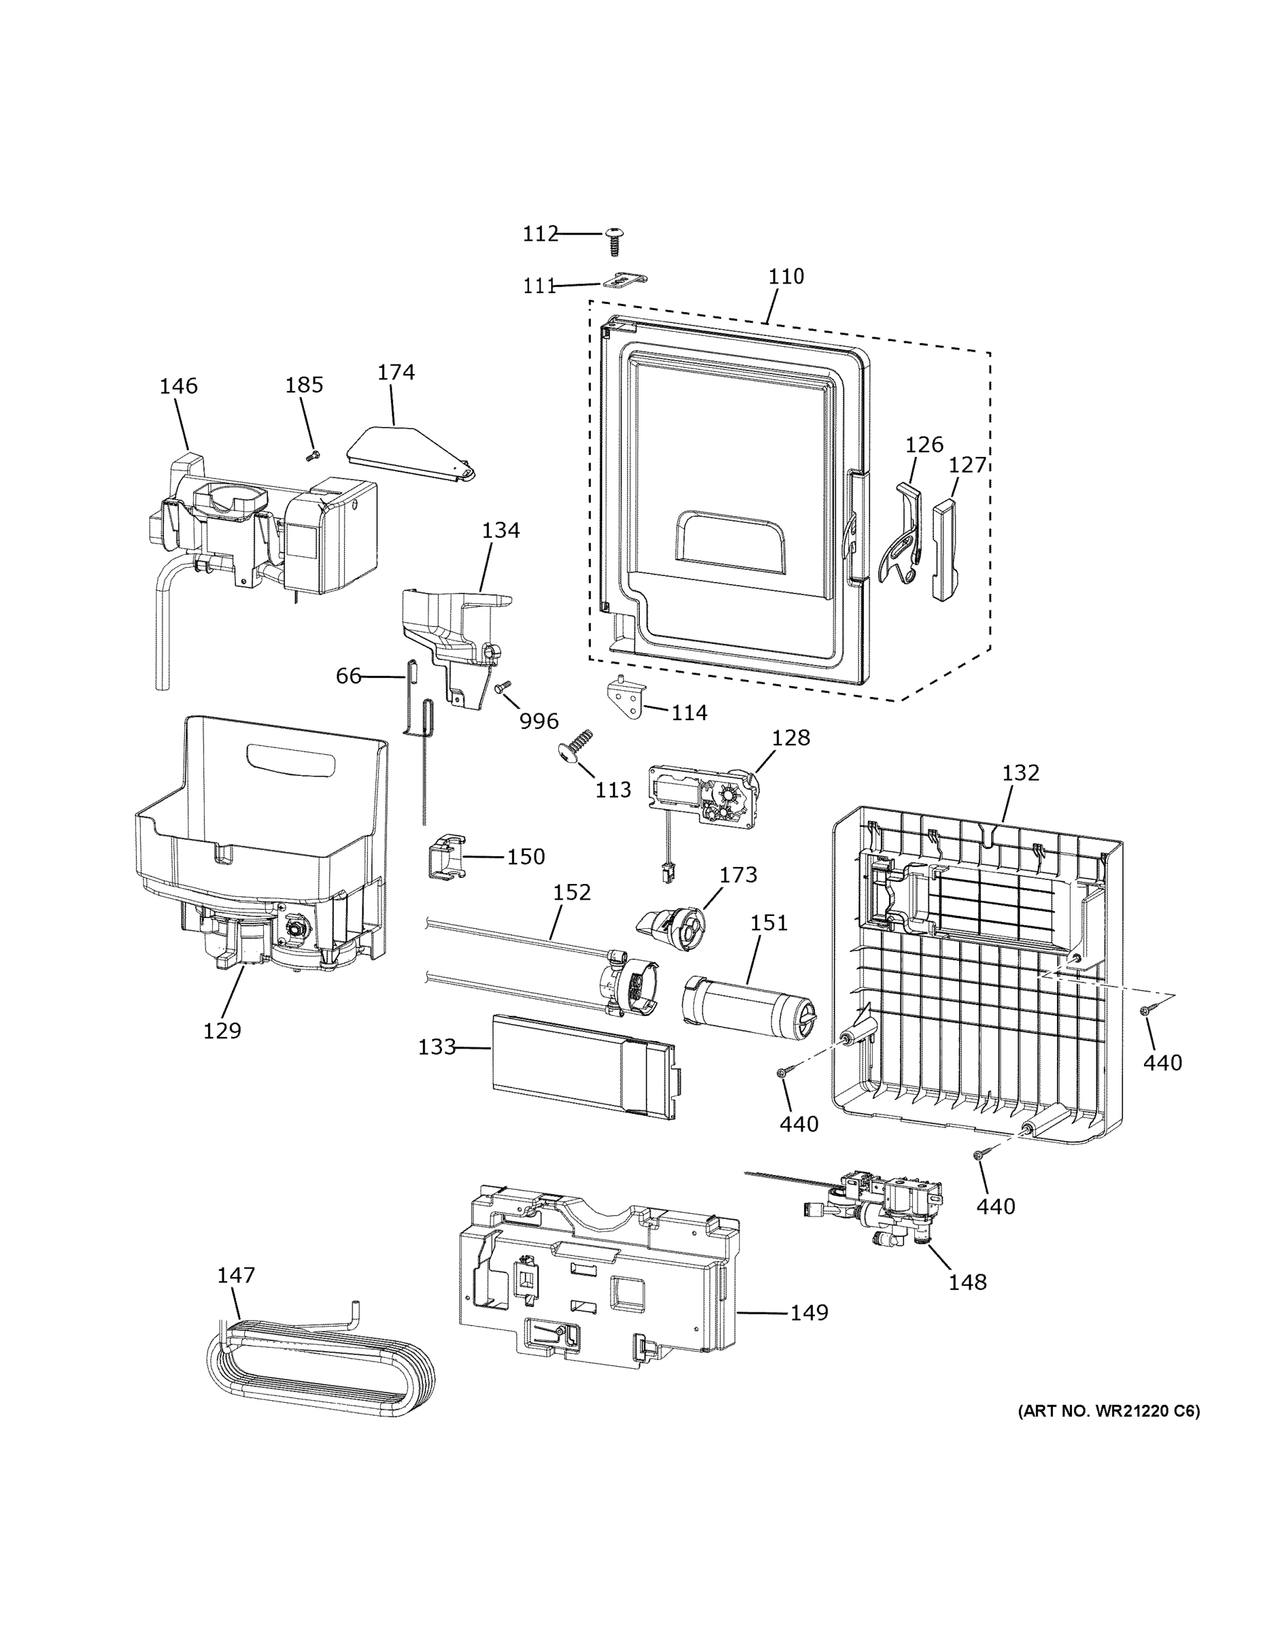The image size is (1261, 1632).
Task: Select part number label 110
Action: [x=786, y=277]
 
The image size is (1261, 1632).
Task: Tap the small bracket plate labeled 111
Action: [x=625, y=280]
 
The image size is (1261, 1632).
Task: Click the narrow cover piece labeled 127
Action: [x=945, y=550]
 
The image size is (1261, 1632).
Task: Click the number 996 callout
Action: [x=538, y=721]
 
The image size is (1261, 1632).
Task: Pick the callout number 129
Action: [x=222, y=1031]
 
